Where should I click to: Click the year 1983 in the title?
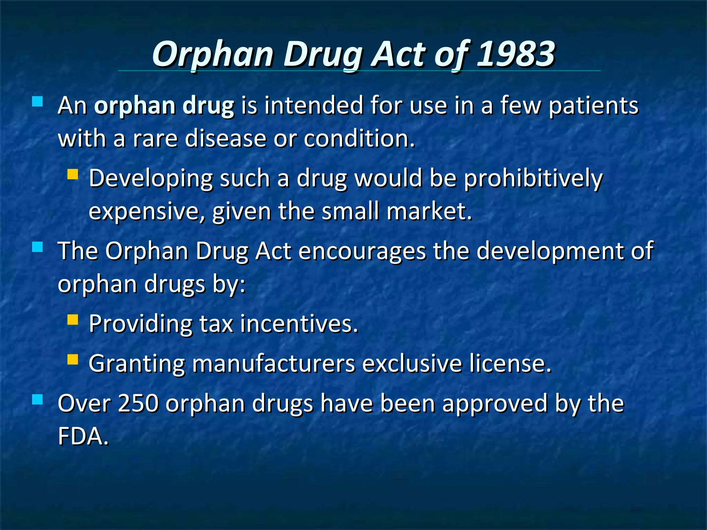516,54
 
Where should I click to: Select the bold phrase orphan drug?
164,106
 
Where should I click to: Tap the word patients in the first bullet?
593,106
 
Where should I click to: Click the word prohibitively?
533,179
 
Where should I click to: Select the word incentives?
299,324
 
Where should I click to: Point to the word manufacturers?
273,364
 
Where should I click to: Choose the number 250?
138,403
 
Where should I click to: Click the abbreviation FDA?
83,436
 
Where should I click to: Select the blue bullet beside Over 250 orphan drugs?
37,400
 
